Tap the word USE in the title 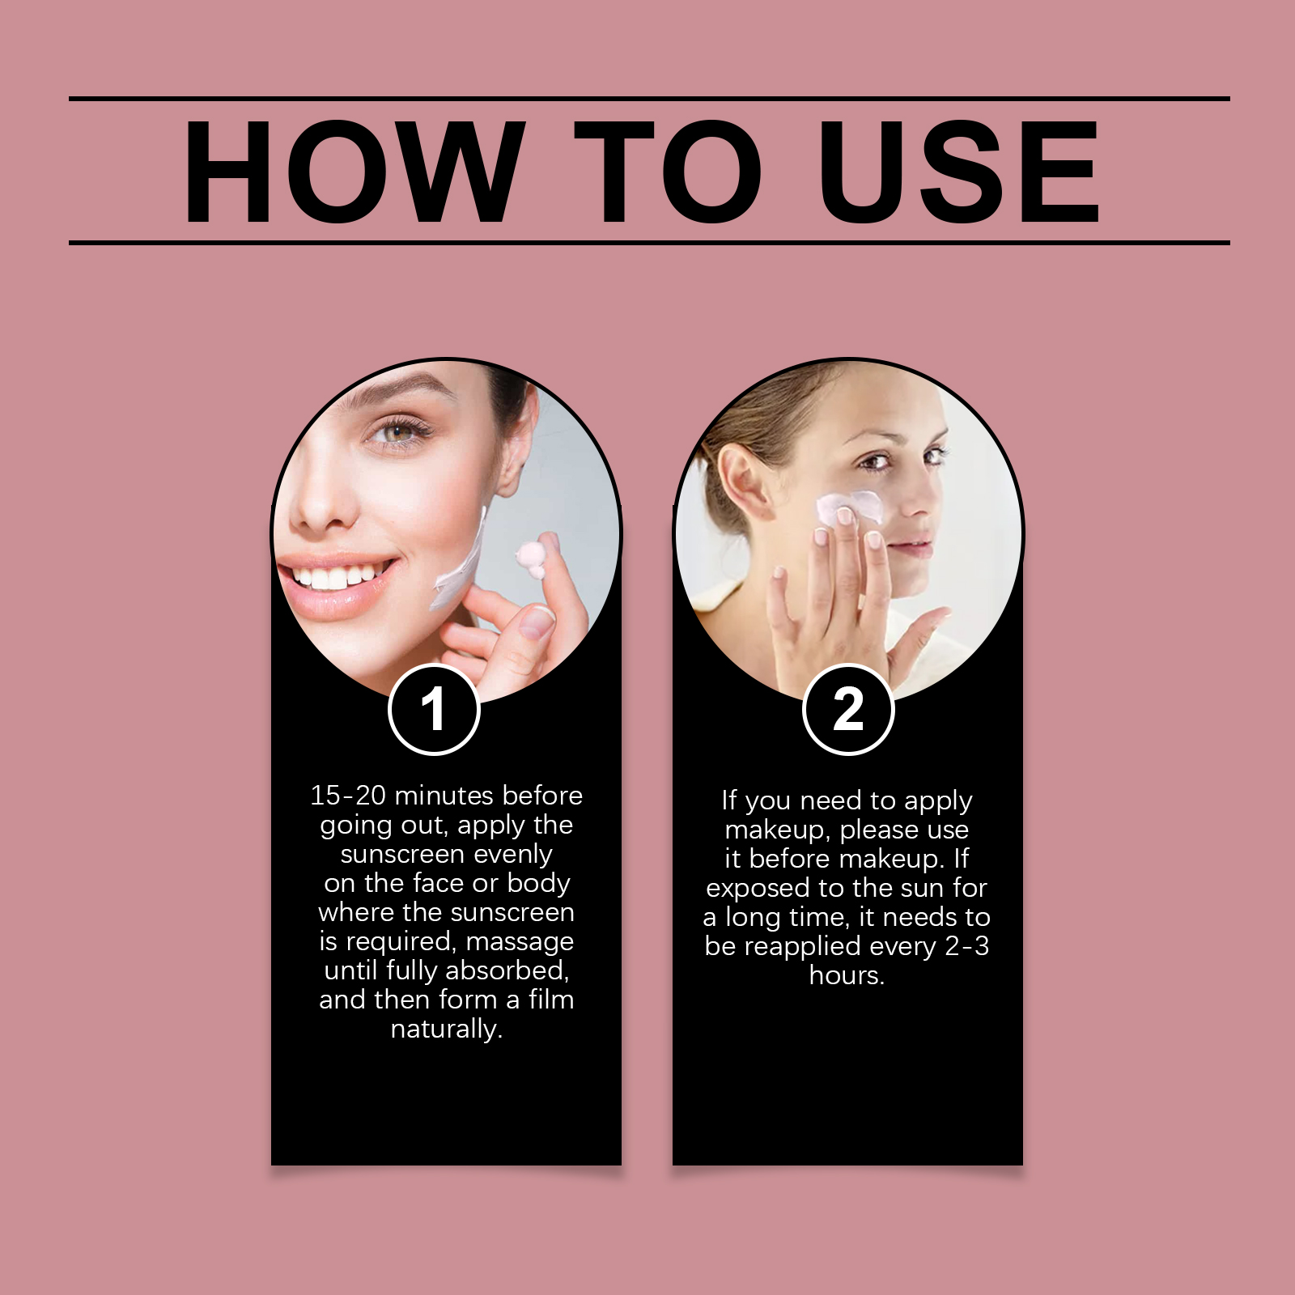point(958,172)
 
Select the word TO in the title point(668,172)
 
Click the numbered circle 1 point(435,709)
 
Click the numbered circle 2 point(848,709)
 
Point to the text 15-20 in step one point(348,795)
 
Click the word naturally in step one point(447,1029)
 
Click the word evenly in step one point(513,855)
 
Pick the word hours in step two point(847,975)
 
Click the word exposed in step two point(758,889)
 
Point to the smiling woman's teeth point(340,577)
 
